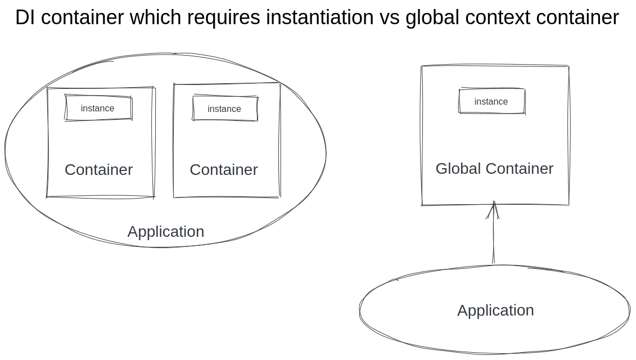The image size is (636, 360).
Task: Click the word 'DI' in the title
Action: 25,18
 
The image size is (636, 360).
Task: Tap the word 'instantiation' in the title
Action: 319,18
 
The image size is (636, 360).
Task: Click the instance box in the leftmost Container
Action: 98,108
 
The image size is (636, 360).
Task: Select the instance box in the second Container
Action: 225,109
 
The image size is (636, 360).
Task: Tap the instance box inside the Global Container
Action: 492,101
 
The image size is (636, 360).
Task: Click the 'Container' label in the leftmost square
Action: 98,170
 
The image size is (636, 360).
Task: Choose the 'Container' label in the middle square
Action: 223,170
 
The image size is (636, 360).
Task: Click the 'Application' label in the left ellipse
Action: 165,232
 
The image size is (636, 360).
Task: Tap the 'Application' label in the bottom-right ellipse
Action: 495,310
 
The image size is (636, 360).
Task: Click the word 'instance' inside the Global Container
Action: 491,102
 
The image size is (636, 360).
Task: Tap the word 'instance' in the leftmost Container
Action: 97,109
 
